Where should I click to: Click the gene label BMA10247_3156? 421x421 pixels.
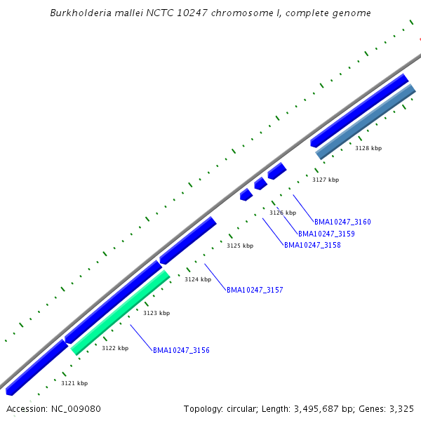[181, 350]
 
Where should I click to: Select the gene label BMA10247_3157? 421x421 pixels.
[255, 290]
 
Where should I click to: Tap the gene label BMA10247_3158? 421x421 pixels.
[312, 245]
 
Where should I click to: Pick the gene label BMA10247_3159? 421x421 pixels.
[326, 234]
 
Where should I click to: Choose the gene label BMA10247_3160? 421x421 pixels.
[342, 222]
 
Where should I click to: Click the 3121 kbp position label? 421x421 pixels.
[74, 383]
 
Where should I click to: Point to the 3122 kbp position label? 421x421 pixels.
[115, 348]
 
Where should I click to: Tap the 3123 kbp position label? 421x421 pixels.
[156, 313]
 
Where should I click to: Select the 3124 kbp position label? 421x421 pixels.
[198, 279]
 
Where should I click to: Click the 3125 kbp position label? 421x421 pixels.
[240, 246]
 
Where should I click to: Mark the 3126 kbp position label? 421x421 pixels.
[283, 213]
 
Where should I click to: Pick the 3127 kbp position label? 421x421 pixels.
[326, 180]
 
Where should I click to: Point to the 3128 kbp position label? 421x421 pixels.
[368, 148]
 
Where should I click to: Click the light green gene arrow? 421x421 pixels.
[121, 313]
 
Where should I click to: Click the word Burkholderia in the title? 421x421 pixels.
[79, 13]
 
